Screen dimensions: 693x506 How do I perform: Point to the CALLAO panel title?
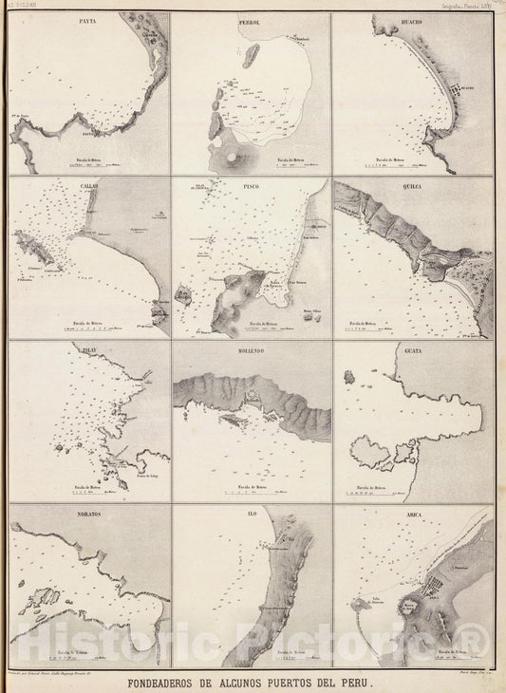pos(90,187)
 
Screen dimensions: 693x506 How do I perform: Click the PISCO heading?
pos(252,187)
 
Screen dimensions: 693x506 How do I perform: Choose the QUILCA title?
pos(411,187)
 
